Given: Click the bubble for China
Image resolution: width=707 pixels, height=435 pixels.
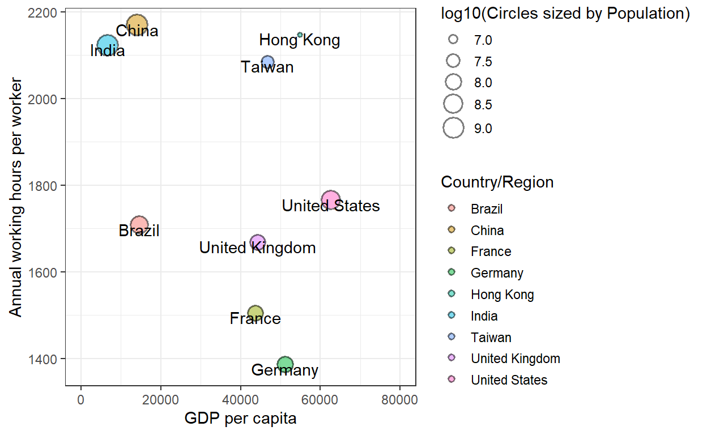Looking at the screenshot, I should pyautogui.click(x=137, y=24).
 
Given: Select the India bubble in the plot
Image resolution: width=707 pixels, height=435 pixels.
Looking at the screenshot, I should pyautogui.click(x=107, y=45).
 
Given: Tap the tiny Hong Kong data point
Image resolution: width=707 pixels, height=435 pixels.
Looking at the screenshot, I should pyautogui.click(x=300, y=35).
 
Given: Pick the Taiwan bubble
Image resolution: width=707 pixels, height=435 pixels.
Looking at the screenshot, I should pyautogui.click(x=267, y=62).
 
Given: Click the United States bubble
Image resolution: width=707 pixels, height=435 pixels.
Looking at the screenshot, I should pyautogui.click(x=330, y=200).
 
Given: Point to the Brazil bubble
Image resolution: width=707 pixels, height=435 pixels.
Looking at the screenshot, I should pyautogui.click(x=139, y=225).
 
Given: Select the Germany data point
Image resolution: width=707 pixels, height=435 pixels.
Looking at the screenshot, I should pyautogui.click(x=285, y=364).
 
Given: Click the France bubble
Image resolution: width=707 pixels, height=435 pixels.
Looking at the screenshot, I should pyautogui.click(x=255, y=313).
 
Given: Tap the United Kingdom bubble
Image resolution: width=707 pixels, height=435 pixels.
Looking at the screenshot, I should pyautogui.click(x=258, y=242).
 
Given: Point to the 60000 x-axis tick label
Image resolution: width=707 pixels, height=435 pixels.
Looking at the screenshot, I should pyautogui.click(x=320, y=400).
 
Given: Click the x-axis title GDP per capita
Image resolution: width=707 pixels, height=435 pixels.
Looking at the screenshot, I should pyautogui.click(x=240, y=419).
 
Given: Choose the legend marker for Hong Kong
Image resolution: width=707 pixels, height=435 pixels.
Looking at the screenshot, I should pyautogui.click(x=452, y=295).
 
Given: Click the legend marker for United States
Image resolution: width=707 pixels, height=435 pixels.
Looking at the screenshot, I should pyautogui.click(x=452, y=379).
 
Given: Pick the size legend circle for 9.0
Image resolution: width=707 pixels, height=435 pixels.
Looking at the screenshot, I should pyautogui.click(x=453, y=129).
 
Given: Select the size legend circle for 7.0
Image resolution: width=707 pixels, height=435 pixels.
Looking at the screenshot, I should pyautogui.click(x=453, y=40).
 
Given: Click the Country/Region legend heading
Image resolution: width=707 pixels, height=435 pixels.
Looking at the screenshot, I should pyautogui.click(x=497, y=182).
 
